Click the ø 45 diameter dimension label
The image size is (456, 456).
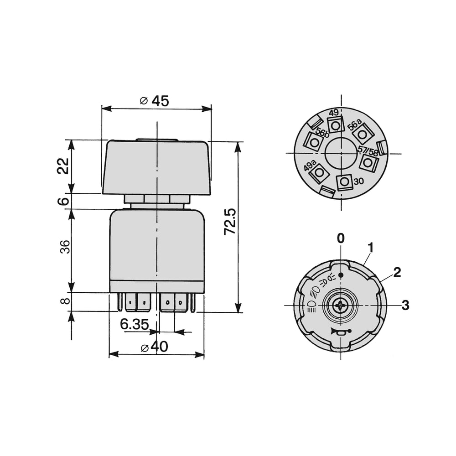tap(155, 101)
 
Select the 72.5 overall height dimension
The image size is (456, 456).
tap(230, 222)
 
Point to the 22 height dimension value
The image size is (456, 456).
tap(63, 166)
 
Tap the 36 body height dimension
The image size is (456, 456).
tap(65, 247)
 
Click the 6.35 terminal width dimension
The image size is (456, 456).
tap(135, 324)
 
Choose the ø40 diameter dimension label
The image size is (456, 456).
tap(154, 347)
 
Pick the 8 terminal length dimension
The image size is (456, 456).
tap(65, 301)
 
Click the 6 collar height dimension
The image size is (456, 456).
tap(63, 201)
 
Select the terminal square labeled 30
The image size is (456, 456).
tap(345, 182)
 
